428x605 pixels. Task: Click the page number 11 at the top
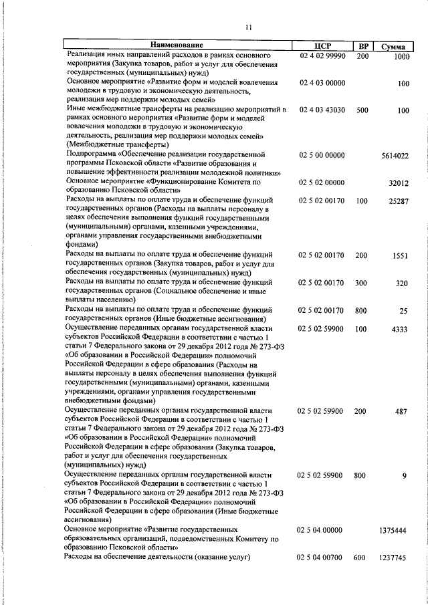tap(248, 27)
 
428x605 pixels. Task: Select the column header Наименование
tap(177, 45)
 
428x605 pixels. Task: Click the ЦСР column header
tap(322, 45)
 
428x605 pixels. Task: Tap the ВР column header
tap(363, 45)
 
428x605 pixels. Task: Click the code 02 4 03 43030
tap(322, 110)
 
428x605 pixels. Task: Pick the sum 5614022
tap(395, 156)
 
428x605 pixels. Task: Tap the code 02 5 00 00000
tap(322, 155)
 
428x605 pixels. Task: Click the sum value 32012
tap(398, 182)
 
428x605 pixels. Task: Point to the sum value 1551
tap(401, 255)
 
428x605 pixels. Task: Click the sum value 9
tap(405, 475)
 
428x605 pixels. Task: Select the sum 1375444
tap(395, 530)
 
